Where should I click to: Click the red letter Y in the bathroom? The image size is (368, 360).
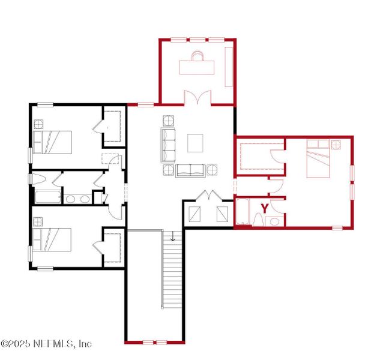[x=264, y=209]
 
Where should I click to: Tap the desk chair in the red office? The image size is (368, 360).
[x=198, y=56]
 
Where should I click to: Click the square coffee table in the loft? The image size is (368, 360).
[x=196, y=143]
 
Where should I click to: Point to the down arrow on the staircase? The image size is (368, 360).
[x=173, y=238]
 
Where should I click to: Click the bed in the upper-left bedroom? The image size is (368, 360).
[x=52, y=143]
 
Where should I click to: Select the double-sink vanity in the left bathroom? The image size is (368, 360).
[x=77, y=199]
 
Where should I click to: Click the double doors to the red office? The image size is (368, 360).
[x=198, y=98]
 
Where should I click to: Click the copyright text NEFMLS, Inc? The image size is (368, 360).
[x=47, y=344]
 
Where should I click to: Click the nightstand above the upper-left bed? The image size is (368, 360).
[x=38, y=125]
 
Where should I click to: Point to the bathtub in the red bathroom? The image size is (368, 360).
[x=243, y=212]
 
